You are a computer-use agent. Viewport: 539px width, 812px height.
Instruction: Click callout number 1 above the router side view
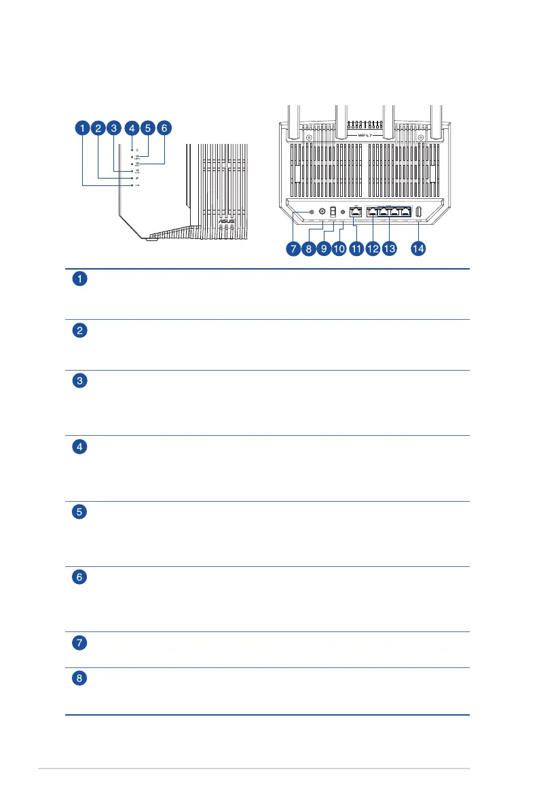[81, 128]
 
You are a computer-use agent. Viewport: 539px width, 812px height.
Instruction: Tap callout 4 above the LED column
[132, 128]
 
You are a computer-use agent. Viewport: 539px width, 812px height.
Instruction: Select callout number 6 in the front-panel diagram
[164, 128]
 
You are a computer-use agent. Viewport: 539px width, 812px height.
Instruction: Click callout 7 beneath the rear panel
[293, 249]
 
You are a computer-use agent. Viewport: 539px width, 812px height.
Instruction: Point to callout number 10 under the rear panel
[339, 249]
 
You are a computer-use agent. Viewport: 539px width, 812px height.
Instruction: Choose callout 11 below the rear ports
[356, 249]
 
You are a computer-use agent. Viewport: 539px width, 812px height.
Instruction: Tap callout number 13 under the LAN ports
[389, 249]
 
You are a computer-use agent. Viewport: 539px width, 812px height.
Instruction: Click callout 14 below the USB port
[418, 249]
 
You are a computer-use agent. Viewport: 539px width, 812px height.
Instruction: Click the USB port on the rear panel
[418, 211]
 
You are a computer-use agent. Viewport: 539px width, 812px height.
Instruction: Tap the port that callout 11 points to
[357, 211]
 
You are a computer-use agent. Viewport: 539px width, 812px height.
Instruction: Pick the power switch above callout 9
[333, 212]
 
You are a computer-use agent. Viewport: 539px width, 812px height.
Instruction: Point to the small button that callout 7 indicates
[311, 211]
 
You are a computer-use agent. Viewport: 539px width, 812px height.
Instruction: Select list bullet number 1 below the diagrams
[80, 279]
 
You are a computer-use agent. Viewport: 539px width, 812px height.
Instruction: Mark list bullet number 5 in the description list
[80, 513]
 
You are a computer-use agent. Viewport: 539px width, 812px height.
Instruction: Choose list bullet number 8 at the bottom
[80, 678]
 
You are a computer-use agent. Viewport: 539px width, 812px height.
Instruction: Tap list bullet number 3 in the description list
[80, 381]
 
